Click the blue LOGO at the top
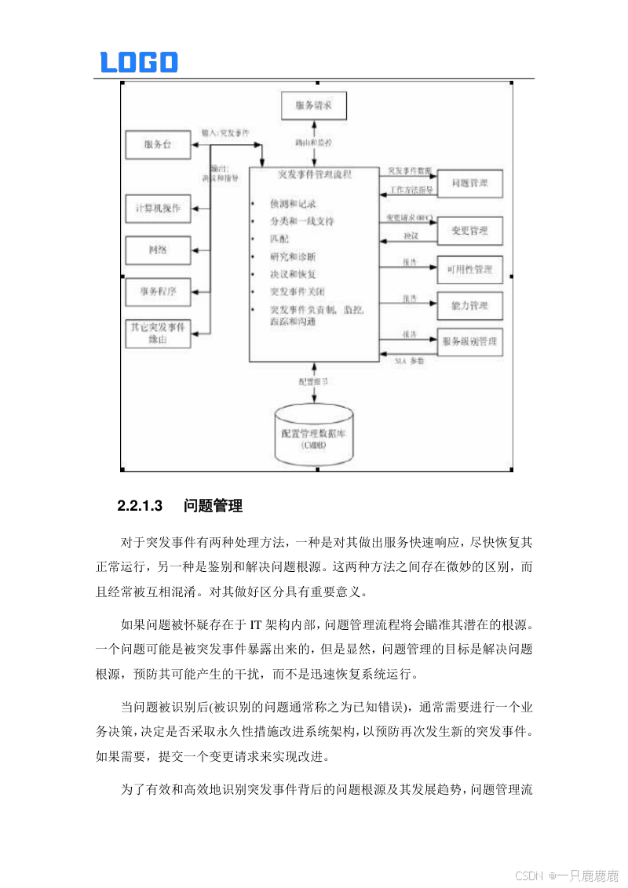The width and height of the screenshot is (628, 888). coord(139,62)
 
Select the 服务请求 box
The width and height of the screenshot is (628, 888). coord(314,105)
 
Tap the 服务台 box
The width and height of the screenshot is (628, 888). coord(158,144)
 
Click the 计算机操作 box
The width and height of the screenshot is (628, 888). coord(158,209)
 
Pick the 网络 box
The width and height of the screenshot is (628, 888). coord(158,250)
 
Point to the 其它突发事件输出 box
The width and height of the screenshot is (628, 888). coord(158,333)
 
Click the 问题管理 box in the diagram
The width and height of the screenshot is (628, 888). coord(469,184)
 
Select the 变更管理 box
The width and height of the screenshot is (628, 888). coord(469,231)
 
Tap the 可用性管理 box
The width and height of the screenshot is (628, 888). coord(469,269)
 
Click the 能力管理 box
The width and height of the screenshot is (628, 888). coord(469,305)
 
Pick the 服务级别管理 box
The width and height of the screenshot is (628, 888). coord(469,342)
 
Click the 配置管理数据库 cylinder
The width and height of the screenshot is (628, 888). coord(314,436)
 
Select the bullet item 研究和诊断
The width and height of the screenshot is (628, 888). coord(293,257)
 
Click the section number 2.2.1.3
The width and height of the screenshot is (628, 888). coord(140,506)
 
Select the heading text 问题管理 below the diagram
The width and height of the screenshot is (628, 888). coord(213,506)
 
